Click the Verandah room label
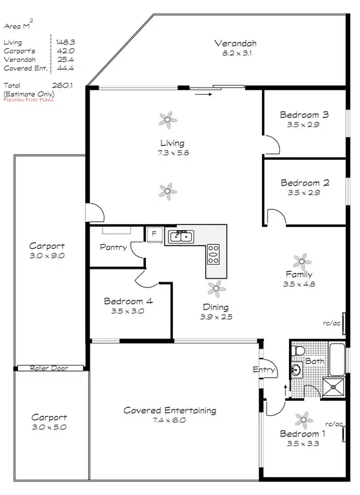coord(235,43)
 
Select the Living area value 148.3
coord(65,42)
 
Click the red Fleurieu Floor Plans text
coord(29,100)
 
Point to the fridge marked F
coord(154,235)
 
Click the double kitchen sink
coord(180,238)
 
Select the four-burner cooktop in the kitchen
coord(213,255)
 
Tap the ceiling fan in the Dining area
coord(216,287)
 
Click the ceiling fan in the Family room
coord(301,261)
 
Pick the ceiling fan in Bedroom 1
coord(301,420)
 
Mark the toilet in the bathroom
coord(298,351)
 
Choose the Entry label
coord(265,370)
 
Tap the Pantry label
coord(112,246)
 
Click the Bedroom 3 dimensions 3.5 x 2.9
coord(304,125)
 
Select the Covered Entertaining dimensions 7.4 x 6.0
coord(169,420)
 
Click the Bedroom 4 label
coord(128,300)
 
